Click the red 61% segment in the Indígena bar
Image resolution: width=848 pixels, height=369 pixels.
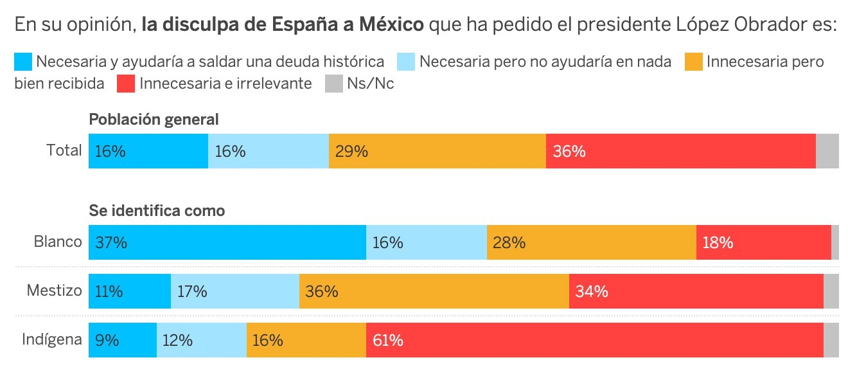click(594, 339)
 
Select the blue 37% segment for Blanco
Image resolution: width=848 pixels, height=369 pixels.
click(227, 242)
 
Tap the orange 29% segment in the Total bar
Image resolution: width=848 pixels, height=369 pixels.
click(437, 151)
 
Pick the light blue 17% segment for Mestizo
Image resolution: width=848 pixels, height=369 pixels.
click(235, 291)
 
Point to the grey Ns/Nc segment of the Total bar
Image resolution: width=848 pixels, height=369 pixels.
click(827, 151)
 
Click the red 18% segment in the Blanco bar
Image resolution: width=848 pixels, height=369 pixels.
click(763, 242)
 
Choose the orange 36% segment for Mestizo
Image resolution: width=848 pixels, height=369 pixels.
click(434, 291)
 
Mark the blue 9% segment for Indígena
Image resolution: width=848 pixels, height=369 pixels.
click(123, 339)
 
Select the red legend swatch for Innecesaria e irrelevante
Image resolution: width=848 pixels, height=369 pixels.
click(126, 84)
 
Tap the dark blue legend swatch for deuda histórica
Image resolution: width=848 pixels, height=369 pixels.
click(23, 62)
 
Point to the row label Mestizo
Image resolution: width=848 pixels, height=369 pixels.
click(55, 291)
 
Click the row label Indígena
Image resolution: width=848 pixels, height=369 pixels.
click(52, 339)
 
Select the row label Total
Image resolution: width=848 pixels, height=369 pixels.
click(64, 151)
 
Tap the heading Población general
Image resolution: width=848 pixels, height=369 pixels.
click(154, 120)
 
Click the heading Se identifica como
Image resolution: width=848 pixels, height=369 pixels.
click(157, 211)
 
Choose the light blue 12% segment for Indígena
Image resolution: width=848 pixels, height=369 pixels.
click(202, 339)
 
